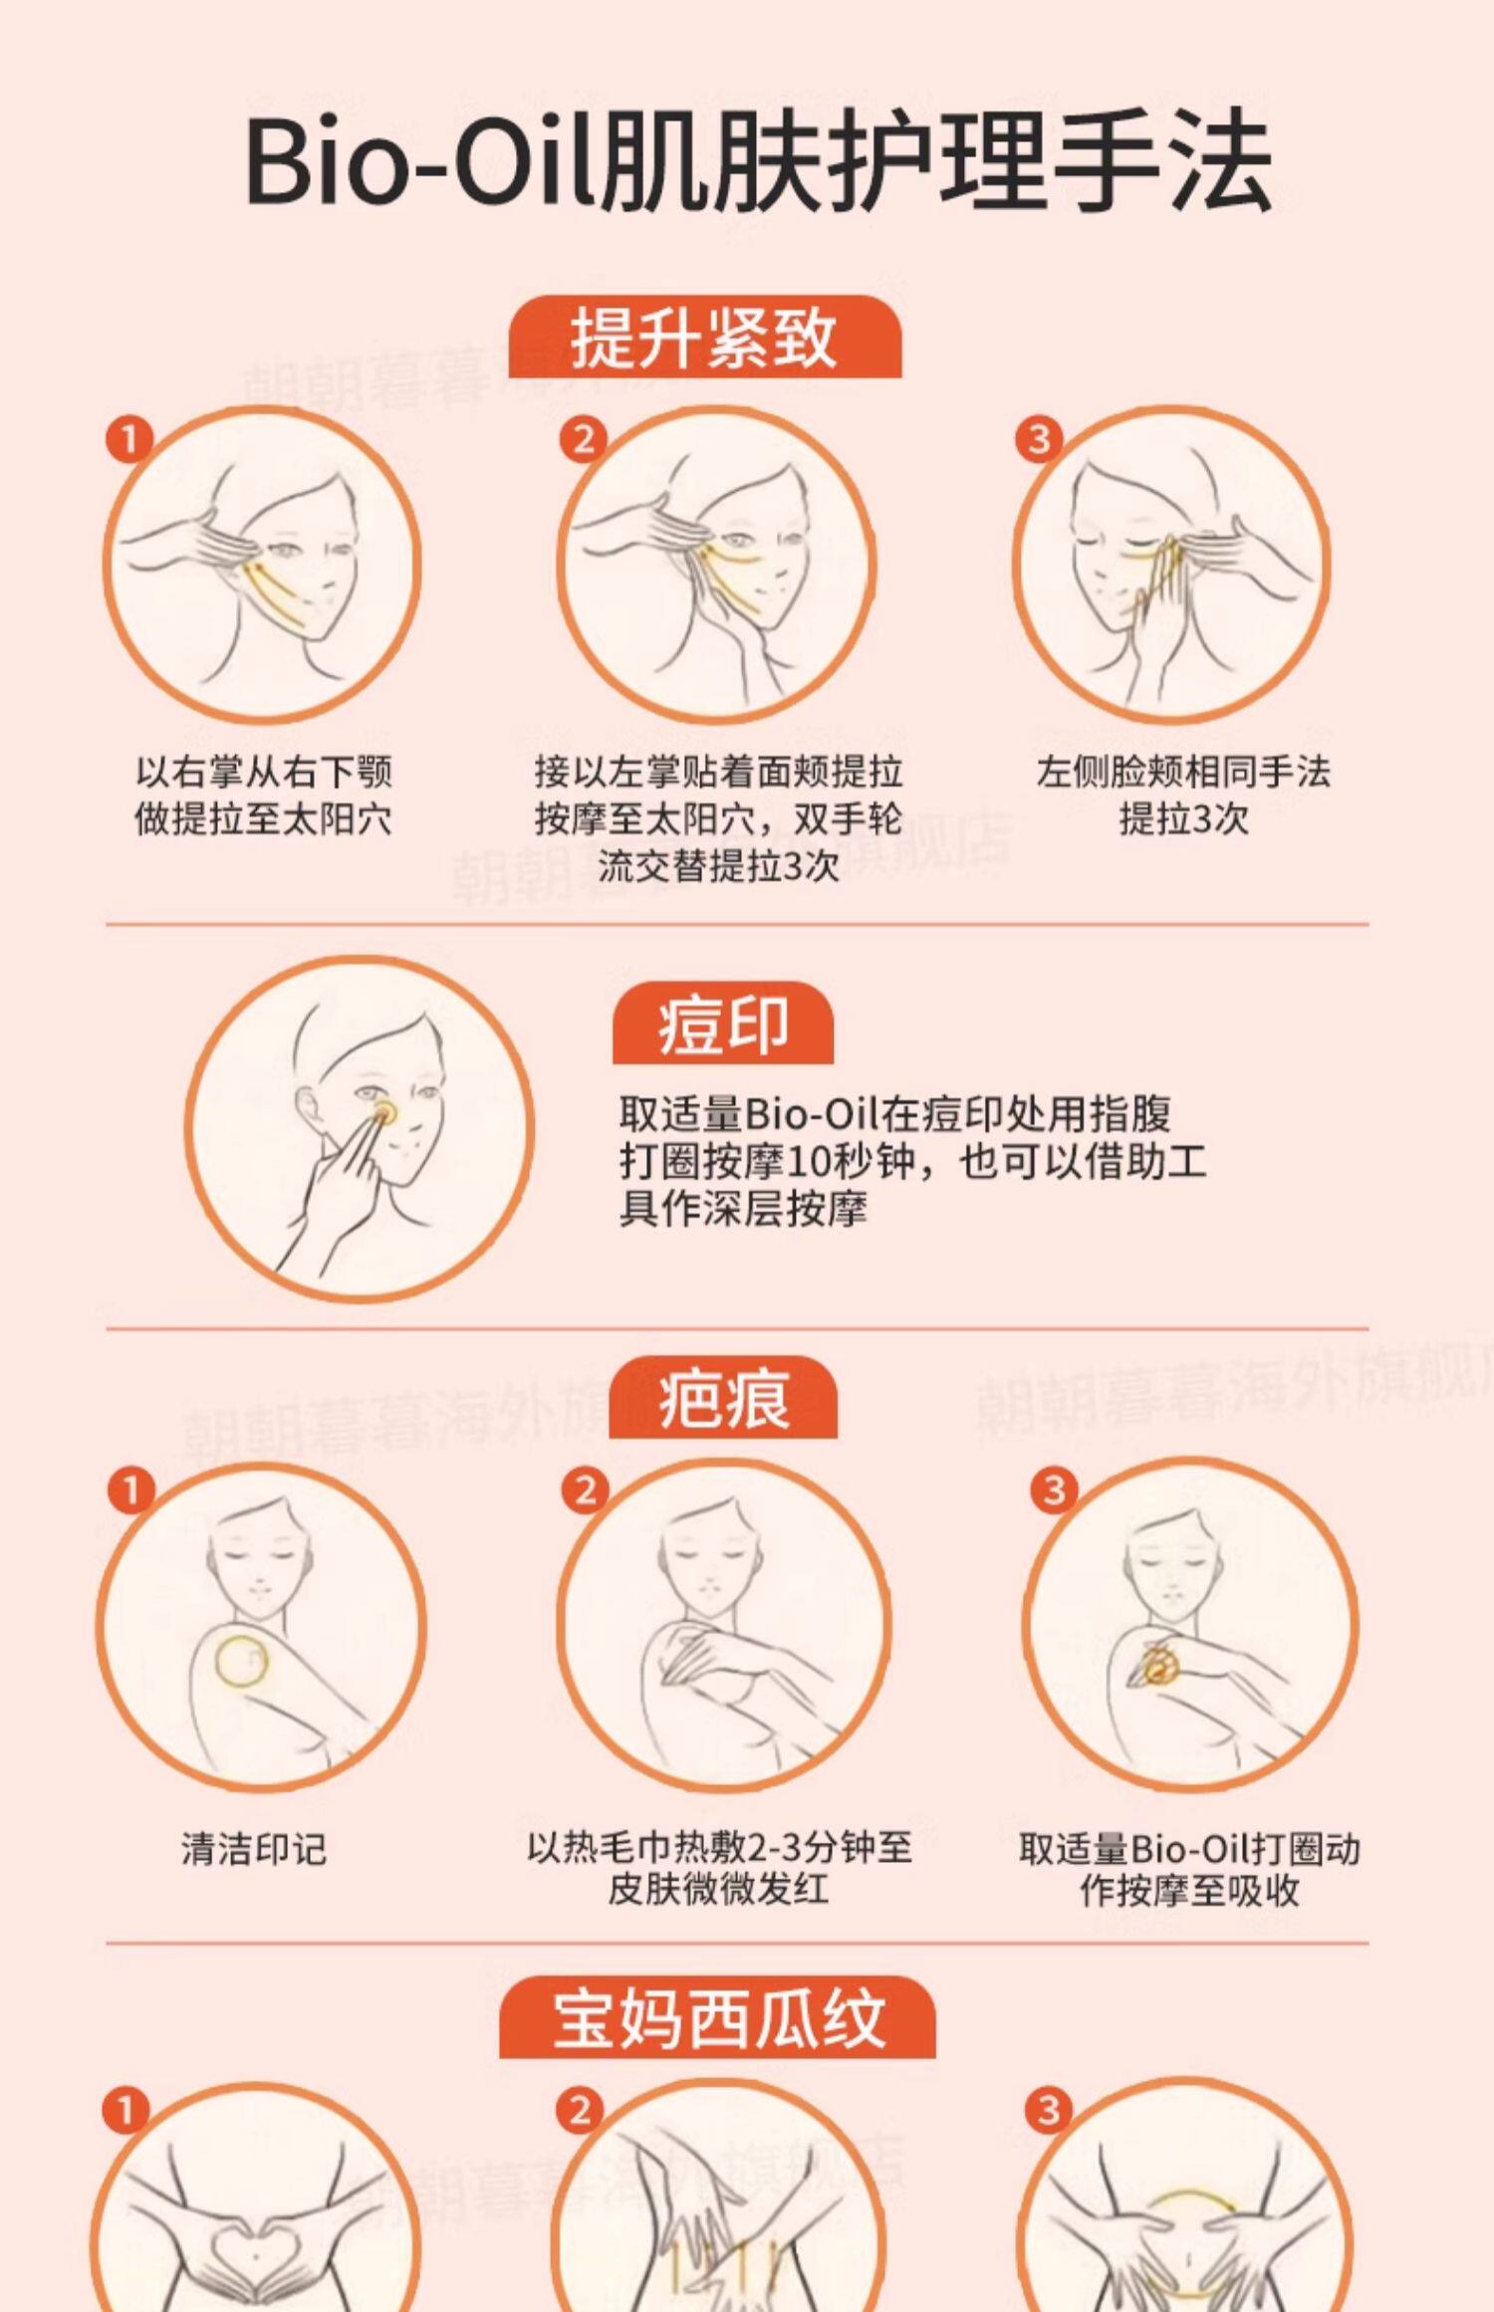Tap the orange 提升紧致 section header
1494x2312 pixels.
coord(705,337)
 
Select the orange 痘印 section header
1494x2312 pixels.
coord(723,1023)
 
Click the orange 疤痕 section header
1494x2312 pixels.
coord(723,1397)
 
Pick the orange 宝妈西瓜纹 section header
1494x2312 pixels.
coord(717,2017)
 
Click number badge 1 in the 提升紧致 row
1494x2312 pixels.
coord(129,439)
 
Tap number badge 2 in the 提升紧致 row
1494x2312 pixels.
coord(584,439)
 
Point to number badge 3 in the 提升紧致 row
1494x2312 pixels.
coord(1039,439)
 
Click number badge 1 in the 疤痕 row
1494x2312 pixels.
coord(130,1491)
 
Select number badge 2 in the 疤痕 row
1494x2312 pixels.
coord(586,1490)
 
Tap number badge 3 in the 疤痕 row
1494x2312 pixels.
coord(1054,1490)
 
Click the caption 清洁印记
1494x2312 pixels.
coord(254,1849)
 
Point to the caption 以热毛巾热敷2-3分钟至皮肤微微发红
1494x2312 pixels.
coord(719,1869)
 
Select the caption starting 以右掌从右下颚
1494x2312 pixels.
coord(263,796)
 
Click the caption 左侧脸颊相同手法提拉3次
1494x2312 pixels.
coord(1183,796)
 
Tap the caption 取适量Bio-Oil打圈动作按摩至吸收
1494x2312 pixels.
coord(1189,1869)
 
